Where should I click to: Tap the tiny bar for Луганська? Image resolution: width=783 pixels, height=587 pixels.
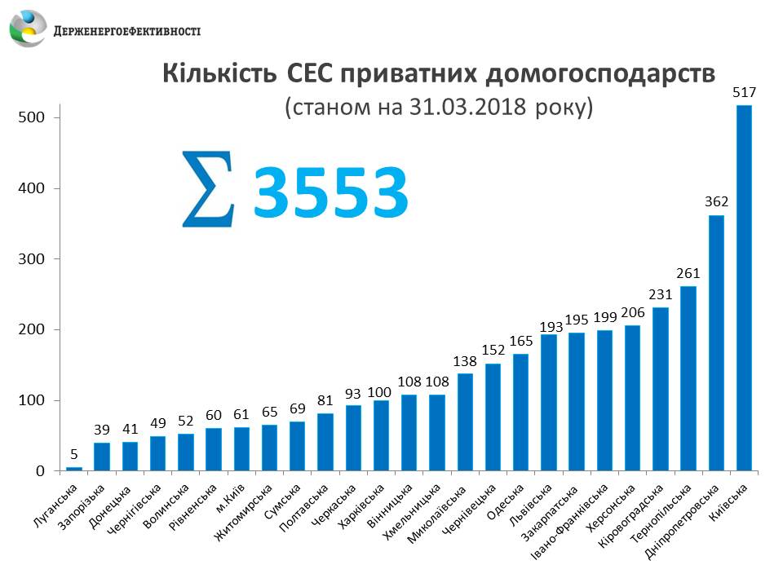point(74,469)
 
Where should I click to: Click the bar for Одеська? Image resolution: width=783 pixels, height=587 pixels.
point(520,412)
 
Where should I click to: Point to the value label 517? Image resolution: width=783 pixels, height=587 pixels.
point(743,93)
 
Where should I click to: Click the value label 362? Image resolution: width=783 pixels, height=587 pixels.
point(716,202)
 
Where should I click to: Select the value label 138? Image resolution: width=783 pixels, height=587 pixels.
point(465,360)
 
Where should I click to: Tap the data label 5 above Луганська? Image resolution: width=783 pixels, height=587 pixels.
point(74,454)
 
